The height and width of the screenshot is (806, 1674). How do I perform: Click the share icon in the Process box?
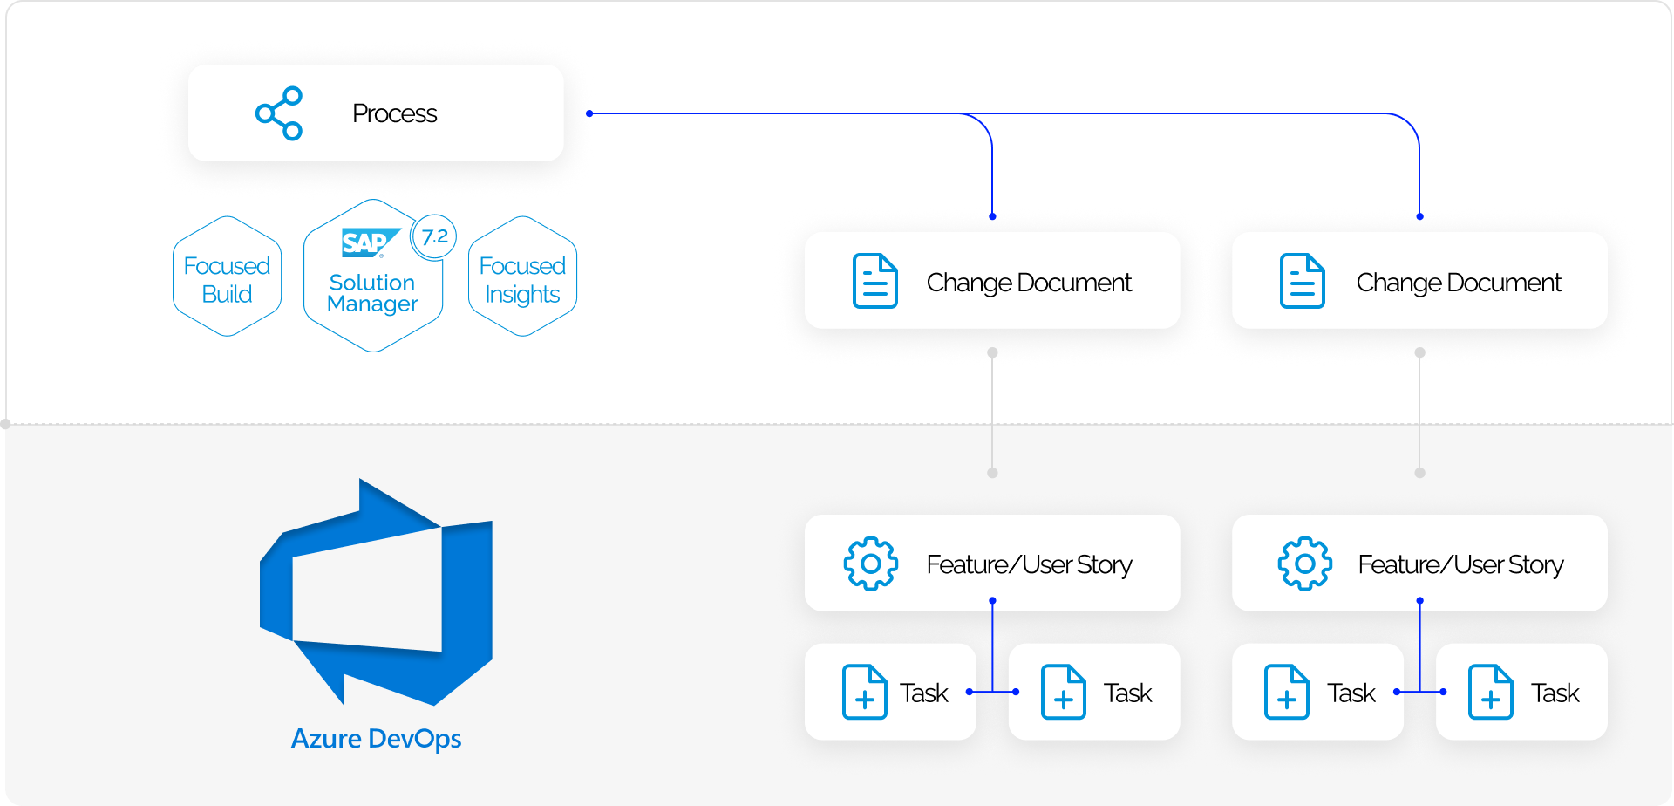coord(279,113)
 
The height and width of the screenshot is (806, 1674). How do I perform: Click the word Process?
coord(394,113)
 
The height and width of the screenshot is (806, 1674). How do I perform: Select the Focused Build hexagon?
coord(227,277)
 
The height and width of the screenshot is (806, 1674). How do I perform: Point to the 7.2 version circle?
coord(433,236)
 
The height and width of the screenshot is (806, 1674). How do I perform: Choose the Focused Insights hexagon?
coord(522,277)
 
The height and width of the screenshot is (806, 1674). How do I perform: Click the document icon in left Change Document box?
coord(874,281)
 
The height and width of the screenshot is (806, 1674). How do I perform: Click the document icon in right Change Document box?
coord(1302,281)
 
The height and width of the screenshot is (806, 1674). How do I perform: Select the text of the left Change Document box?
coord(1029,283)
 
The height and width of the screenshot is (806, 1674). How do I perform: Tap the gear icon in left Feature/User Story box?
coord(870,564)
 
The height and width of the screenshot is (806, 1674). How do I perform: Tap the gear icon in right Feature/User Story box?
coord(1304,564)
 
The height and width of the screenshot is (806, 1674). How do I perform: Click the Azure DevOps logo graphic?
coord(377,593)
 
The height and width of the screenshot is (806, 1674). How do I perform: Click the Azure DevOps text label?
coord(376,739)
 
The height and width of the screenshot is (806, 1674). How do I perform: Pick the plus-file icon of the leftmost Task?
coord(864,692)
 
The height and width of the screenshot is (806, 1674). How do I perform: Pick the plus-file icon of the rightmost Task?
coord(1490,692)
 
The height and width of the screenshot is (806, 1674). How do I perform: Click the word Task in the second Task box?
coord(1127,693)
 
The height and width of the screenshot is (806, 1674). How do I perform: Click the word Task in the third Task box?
coord(1351,693)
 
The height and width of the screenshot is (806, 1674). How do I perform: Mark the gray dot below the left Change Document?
coord(992,353)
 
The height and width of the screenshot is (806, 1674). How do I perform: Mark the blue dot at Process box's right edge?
coord(590,113)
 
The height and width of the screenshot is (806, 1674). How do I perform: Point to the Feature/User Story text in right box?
coord(1460,564)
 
